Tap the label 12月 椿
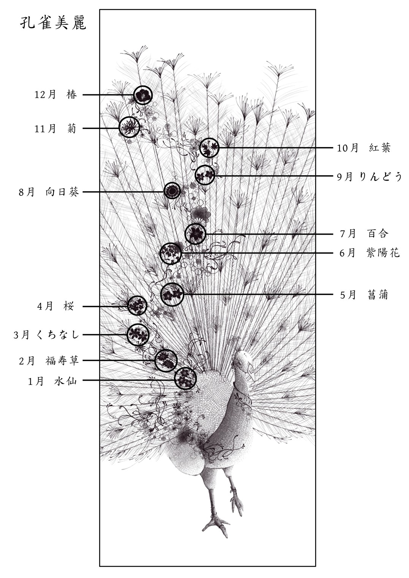[x=56, y=95]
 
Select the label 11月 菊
[x=56, y=128]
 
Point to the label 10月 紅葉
[x=364, y=148]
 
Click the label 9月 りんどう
[x=370, y=177]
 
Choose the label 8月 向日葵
[x=49, y=192]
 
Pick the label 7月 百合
[x=364, y=233]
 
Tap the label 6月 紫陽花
[x=370, y=253]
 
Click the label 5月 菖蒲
[x=364, y=294]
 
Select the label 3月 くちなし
[x=46, y=335]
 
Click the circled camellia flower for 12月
[x=143, y=95]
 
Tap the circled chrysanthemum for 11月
[x=129, y=127]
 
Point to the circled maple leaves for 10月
[x=210, y=148]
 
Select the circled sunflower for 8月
[x=172, y=191]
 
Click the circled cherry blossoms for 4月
[x=137, y=305]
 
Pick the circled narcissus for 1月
[x=186, y=378]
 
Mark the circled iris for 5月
[x=172, y=294]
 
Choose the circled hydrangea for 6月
[x=171, y=254]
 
